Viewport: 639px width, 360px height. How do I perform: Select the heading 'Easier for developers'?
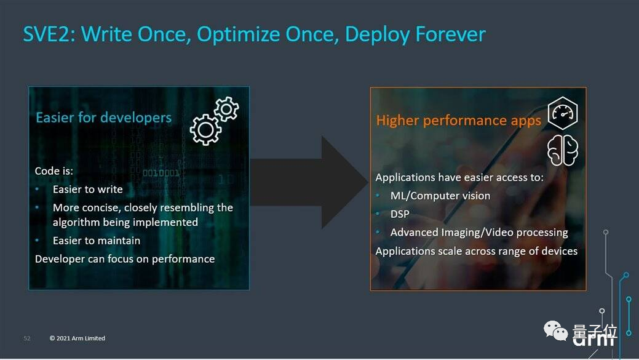[103, 118]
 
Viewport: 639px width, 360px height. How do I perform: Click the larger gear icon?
[205, 130]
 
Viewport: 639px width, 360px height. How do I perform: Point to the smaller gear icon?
[226, 109]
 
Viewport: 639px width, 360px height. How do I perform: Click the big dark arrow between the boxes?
[310, 182]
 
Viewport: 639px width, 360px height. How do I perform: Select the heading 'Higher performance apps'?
[458, 121]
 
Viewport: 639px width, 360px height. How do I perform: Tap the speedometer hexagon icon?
[562, 113]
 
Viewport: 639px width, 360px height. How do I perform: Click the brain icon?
[562, 150]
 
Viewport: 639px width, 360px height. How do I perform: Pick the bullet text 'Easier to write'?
[87, 190]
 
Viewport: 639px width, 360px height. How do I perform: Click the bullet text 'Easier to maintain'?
[97, 241]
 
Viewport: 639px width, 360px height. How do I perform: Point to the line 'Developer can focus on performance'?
[125, 259]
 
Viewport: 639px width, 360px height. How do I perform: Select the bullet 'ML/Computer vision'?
[440, 196]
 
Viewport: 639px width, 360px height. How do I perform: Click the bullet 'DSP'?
[400, 214]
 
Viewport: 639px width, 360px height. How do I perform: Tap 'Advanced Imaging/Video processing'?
[479, 233]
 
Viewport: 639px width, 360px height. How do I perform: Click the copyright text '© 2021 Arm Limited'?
[77, 338]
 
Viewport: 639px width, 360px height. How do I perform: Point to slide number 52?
[27, 338]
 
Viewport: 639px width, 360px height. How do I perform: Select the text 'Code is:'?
[54, 171]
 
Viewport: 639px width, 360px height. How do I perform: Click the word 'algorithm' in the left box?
[77, 223]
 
